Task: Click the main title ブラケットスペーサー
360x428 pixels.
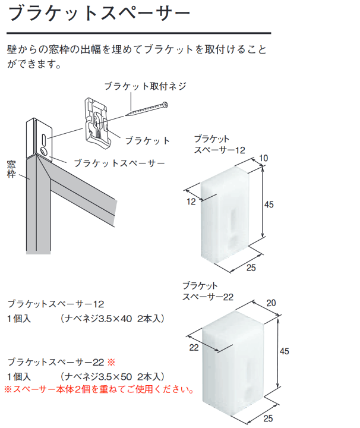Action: click(x=99, y=13)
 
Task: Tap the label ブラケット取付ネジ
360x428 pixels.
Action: click(x=146, y=86)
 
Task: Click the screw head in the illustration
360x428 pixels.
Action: click(x=165, y=105)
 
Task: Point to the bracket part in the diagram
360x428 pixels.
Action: click(x=97, y=124)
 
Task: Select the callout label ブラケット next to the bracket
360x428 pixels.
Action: click(x=147, y=140)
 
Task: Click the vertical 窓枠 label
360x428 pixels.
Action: click(x=11, y=169)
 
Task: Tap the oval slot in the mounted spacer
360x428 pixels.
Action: click(x=44, y=139)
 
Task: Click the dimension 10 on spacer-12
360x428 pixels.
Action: click(x=263, y=158)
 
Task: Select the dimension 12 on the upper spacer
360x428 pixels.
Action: click(x=191, y=202)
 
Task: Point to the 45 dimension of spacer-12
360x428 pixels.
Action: click(x=269, y=204)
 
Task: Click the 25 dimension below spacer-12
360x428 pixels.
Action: click(x=251, y=267)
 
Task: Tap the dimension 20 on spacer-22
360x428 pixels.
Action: click(x=271, y=303)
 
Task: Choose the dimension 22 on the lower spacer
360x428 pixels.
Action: click(x=194, y=348)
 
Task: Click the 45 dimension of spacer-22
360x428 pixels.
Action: click(x=285, y=351)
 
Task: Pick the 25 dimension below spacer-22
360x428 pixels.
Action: click(x=269, y=418)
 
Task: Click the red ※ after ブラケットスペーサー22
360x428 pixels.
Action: click(x=111, y=362)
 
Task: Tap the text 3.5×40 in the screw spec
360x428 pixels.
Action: click(x=115, y=319)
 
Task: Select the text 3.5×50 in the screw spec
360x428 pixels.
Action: click(x=115, y=377)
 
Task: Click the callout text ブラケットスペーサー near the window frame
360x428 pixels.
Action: click(x=119, y=163)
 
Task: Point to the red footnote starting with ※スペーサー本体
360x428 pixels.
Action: click(x=99, y=389)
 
